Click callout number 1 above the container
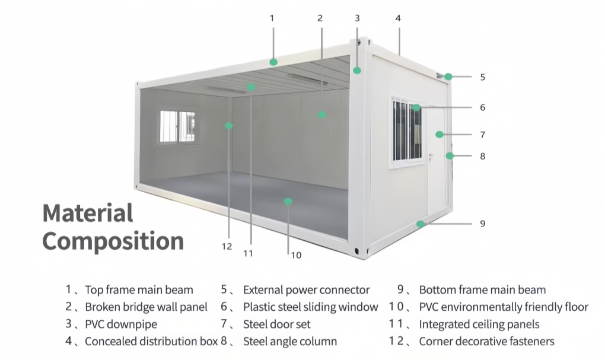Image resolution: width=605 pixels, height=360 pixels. pyautogui.click(x=272, y=18)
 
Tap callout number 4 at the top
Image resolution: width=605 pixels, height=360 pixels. pyautogui.click(x=398, y=18)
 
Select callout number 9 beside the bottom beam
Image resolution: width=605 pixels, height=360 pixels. pyautogui.click(x=482, y=224)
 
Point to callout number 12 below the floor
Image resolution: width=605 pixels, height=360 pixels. pyautogui.click(x=227, y=247)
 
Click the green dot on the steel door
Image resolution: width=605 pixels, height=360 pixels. pyautogui.click(x=439, y=134)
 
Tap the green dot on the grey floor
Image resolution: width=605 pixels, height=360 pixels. pyautogui.click(x=288, y=201)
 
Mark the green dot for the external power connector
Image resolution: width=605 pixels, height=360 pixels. pyautogui.click(x=448, y=77)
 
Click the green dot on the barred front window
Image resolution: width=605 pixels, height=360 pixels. pyautogui.click(x=417, y=107)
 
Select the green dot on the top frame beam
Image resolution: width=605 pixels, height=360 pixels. pyautogui.click(x=273, y=62)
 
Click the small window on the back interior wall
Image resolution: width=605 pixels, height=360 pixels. pyautogui.click(x=177, y=126)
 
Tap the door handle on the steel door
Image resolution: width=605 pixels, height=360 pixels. pyautogui.click(x=431, y=157)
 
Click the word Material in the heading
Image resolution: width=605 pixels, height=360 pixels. pyautogui.click(x=88, y=213)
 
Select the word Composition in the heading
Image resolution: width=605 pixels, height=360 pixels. pyautogui.click(x=113, y=241)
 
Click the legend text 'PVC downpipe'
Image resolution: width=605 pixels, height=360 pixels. pyautogui.click(x=121, y=324)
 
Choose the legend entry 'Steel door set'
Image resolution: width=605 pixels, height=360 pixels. pyautogui.click(x=276, y=324)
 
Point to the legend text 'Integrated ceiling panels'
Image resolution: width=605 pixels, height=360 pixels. pyautogui.click(x=479, y=324)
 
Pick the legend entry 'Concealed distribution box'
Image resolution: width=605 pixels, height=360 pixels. pyautogui.click(x=151, y=342)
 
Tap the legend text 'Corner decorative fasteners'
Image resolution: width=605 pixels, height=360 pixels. pyautogui.click(x=486, y=342)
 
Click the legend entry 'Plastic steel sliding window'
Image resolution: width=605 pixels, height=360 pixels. pyautogui.click(x=310, y=307)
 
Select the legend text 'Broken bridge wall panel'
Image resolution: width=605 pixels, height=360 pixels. pyautogui.click(x=146, y=307)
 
